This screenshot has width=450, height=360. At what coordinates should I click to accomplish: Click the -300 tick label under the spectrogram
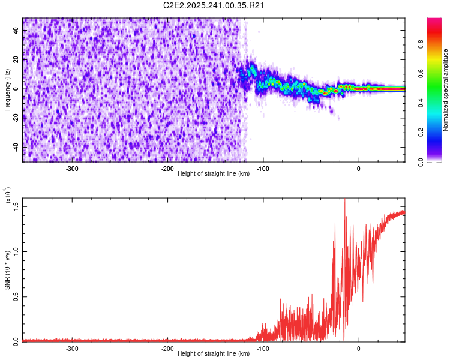(72, 169)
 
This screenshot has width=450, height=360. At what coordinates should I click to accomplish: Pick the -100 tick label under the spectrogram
(263, 169)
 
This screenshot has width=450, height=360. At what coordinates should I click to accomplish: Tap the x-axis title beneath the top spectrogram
(214, 174)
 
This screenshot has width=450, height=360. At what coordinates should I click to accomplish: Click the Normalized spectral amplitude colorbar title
(446, 91)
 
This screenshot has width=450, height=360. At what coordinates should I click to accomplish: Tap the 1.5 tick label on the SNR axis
(16, 206)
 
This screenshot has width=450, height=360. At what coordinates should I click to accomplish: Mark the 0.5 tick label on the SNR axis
(16, 296)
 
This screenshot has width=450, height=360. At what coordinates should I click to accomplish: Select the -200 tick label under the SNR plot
(167, 349)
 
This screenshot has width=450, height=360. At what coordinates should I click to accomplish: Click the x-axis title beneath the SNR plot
(214, 354)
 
